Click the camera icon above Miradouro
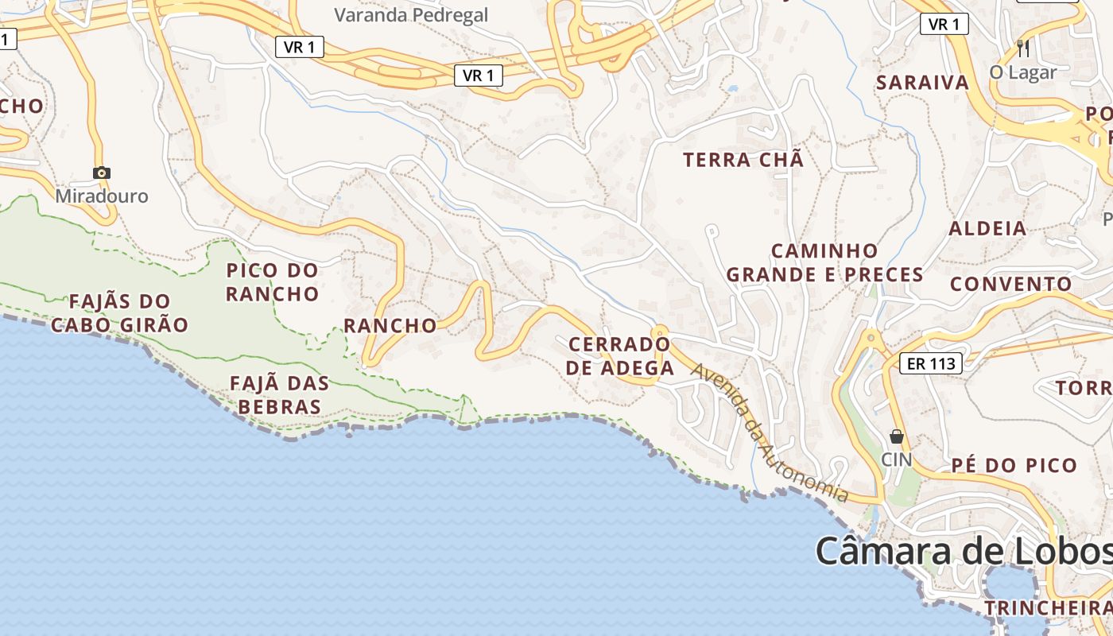click(102, 173)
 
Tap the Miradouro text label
click(102, 196)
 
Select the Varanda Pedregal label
click(411, 15)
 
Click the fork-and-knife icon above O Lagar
click(1023, 48)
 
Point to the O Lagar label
click(1023, 72)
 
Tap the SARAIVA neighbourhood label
click(922, 83)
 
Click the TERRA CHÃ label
click(743, 160)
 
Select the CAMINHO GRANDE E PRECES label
click(824, 263)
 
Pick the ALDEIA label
click(988, 229)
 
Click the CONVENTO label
click(1011, 284)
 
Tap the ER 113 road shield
click(931, 364)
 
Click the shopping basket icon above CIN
click(897, 436)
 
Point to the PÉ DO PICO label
click(1014, 465)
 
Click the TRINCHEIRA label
click(1048, 608)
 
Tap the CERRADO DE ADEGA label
click(621, 356)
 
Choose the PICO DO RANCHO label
click(272, 282)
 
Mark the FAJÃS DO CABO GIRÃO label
click(119, 312)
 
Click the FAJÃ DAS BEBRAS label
click(279, 395)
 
